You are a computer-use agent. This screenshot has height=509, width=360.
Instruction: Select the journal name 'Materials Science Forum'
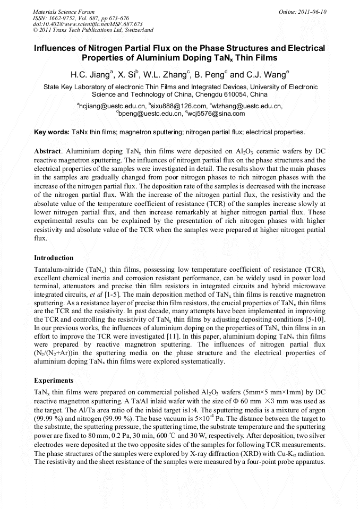click(x=64, y=12)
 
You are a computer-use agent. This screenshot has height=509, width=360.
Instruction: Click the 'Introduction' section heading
click(x=54, y=258)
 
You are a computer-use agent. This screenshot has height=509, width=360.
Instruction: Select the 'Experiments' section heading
click(x=53, y=381)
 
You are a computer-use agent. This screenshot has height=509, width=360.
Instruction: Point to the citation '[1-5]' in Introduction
click(x=114, y=294)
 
